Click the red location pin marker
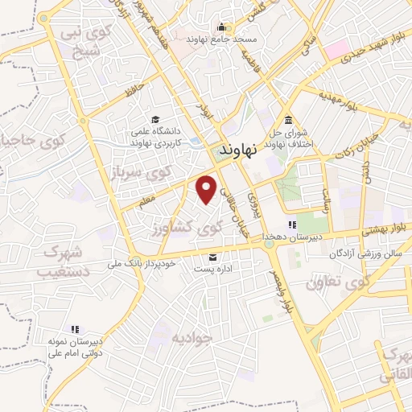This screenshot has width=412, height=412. point(207,187)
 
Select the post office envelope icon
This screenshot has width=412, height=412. point(212,257)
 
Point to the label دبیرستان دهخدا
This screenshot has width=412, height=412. point(295,237)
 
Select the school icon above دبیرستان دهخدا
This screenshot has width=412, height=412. point(293,225)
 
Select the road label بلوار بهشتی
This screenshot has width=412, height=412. point(380,229)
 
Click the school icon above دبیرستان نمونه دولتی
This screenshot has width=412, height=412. point(75,329)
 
